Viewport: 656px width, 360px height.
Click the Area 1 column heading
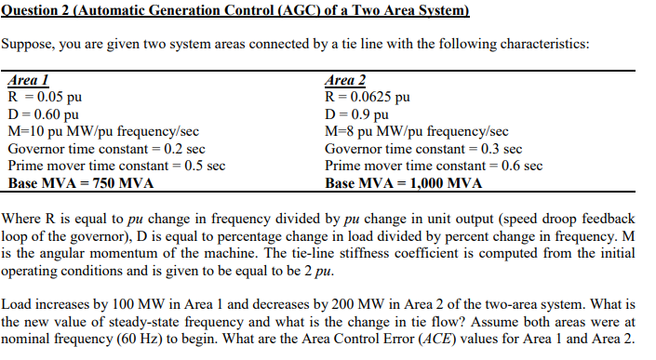point(27,81)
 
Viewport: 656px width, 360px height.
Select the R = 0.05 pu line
point(44,97)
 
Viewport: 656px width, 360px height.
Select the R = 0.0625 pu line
point(367,97)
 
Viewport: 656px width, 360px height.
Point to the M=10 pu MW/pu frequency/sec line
point(102,131)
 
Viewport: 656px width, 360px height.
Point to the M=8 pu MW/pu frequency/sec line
point(417,131)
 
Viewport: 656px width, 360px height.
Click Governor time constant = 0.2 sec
point(106,149)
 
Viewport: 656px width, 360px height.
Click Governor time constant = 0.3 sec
point(423,149)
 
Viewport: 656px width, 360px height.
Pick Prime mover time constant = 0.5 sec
point(116,166)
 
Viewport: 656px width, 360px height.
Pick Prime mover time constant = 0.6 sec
point(434,166)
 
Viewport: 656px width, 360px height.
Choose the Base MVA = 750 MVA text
point(80,183)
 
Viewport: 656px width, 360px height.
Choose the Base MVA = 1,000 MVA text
point(404,183)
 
